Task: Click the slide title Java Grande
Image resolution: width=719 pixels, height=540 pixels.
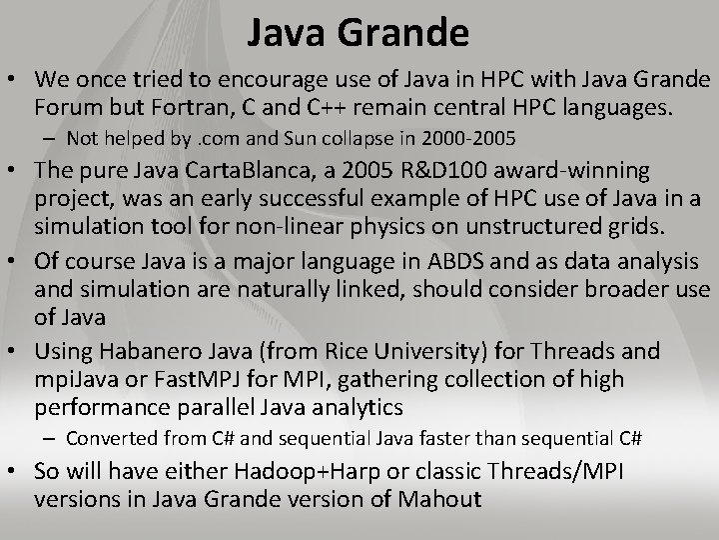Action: [x=359, y=34]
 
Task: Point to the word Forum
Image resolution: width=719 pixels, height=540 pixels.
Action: [x=65, y=104]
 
